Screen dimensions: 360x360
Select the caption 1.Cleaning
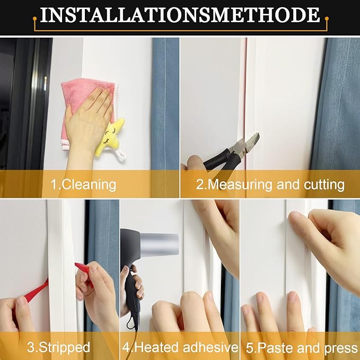tap(83, 185)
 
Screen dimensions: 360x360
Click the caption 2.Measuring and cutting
tap(270, 185)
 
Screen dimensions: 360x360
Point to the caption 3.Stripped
tap(58, 348)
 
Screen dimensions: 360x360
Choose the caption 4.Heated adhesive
tap(180, 348)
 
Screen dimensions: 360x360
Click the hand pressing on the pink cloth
tap(90, 117)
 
